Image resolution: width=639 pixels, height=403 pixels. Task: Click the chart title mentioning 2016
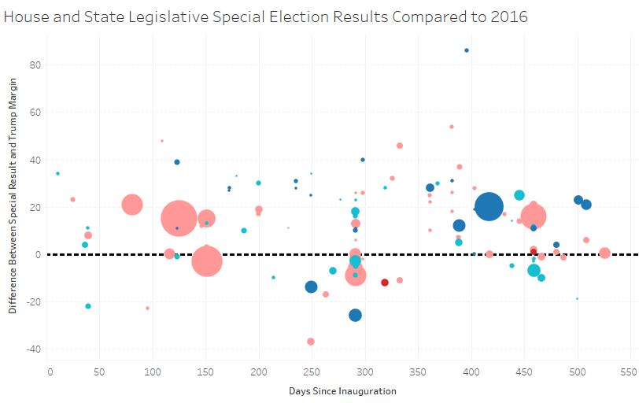pos(265,17)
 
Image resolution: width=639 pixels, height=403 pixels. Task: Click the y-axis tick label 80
pos(35,65)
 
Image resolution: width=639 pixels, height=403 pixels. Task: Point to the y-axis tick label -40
pos(33,349)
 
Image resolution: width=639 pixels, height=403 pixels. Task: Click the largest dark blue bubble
pos(489,207)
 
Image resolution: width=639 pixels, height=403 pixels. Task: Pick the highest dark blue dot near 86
pos(467,50)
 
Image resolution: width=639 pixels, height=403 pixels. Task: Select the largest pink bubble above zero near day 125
pos(179,218)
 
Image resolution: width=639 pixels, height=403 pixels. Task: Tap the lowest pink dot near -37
pos(311,342)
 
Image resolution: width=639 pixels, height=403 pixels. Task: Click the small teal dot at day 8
pos(57,173)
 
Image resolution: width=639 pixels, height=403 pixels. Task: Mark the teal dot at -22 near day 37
pos(88,306)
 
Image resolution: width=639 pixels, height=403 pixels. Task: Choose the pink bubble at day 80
pos(132,205)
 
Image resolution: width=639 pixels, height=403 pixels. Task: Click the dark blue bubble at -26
pos(355,315)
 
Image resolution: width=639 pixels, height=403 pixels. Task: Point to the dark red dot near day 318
pos(385,283)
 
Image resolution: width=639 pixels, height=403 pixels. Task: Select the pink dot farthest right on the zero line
pos(604,253)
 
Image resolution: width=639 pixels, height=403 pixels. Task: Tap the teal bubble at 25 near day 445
pos(519,195)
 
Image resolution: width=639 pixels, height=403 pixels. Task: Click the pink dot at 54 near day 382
pos(452,127)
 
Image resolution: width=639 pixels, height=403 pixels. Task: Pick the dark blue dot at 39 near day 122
pos(177,162)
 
